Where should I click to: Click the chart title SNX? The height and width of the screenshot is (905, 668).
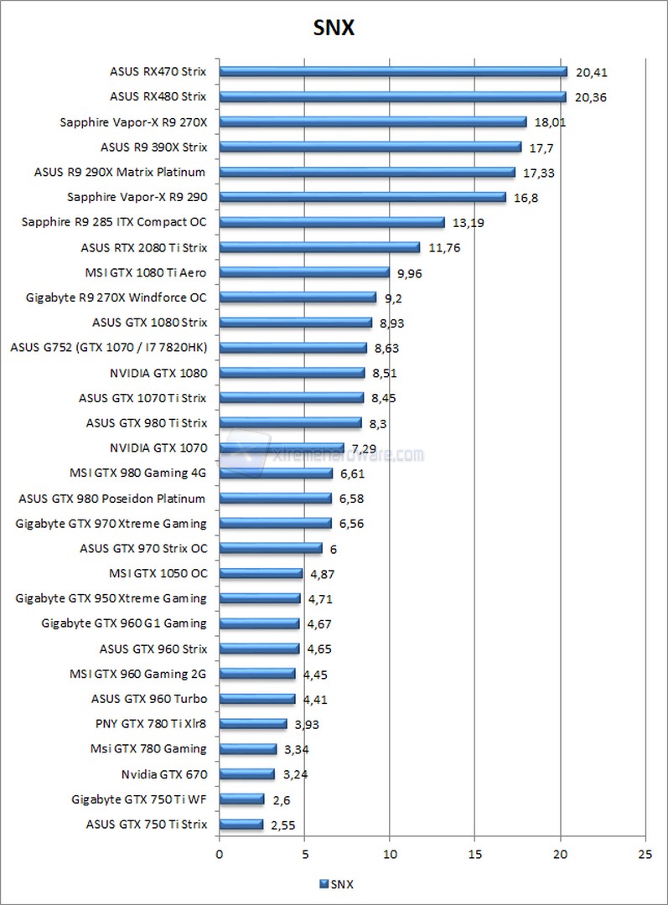(x=334, y=28)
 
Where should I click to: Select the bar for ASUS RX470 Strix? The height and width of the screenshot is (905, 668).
(x=392, y=72)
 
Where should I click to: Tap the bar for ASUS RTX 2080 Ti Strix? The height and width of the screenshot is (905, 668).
(x=318, y=247)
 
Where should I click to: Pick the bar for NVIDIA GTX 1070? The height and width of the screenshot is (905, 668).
(x=281, y=448)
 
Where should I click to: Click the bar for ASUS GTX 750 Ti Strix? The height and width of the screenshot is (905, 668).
(x=241, y=825)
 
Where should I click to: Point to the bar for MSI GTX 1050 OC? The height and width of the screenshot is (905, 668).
(x=260, y=574)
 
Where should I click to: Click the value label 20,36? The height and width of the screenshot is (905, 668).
(x=591, y=97)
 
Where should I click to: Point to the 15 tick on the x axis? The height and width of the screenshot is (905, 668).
(x=474, y=855)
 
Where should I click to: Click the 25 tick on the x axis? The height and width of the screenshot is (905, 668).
(x=645, y=855)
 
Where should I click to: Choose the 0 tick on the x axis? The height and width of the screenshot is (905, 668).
(x=220, y=855)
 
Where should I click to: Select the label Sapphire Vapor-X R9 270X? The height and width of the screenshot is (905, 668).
(x=133, y=122)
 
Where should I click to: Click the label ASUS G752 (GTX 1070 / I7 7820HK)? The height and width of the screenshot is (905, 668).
(x=108, y=348)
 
